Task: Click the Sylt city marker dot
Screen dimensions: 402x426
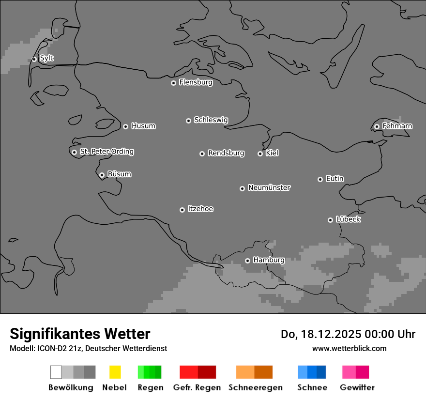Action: (34, 59)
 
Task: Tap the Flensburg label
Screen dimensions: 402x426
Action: (196, 82)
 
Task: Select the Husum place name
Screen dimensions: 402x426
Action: (143, 126)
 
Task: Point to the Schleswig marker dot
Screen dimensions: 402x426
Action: (188, 121)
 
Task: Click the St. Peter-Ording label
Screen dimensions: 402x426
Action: (106, 152)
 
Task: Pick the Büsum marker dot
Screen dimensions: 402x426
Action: (102, 175)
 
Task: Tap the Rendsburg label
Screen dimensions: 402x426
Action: (226, 153)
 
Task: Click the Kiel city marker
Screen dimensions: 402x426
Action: (260, 154)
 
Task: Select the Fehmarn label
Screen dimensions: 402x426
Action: (397, 126)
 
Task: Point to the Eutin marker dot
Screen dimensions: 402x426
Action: (320, 179)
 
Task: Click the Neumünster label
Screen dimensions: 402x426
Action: (269, 187)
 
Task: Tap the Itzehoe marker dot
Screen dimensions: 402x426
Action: (182, 210)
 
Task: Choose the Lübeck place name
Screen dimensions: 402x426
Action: (348, 219)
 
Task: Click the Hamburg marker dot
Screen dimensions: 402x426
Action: (247, 261)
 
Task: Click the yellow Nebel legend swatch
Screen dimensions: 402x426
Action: (115, 372)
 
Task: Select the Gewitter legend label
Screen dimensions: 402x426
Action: (357, 387)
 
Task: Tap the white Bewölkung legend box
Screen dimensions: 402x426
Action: (56, 372)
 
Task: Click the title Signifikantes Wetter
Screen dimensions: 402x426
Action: (80, 334)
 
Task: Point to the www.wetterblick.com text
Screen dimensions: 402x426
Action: (349, 348)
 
